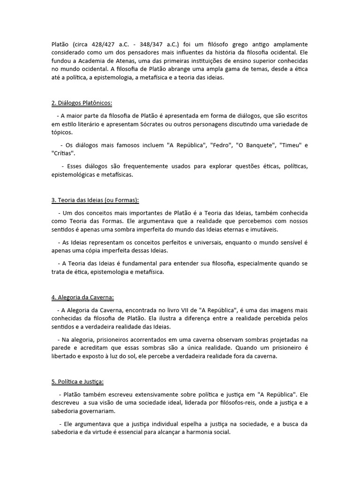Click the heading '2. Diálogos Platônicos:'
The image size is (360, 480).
(82, 103)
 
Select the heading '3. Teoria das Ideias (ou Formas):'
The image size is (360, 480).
(95, 200)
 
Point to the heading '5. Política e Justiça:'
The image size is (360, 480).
(77, 382)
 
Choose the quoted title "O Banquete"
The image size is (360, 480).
(257, 145)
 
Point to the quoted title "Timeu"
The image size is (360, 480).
(291, 145)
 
